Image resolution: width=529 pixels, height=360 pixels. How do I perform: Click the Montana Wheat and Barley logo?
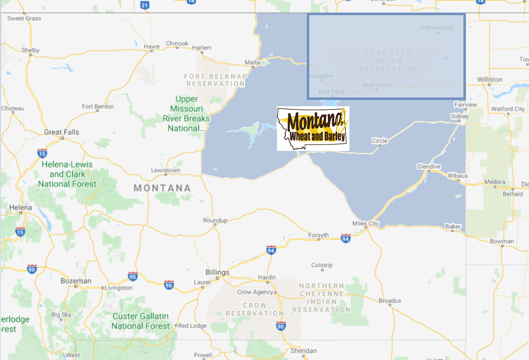tap(313, 128)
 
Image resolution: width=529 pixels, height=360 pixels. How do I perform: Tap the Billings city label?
tap(217, 272)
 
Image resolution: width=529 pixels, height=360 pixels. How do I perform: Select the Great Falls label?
tap(61, 132)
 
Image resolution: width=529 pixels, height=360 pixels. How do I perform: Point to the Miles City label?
tap(366, 223)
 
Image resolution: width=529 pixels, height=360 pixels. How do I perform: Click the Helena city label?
tap(20, 207)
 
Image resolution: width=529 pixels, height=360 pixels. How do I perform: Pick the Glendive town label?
tap(428, 166)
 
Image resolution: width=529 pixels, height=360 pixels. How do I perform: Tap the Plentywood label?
tap(437, 27)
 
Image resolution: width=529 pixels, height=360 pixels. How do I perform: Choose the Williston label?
tap(489, 79)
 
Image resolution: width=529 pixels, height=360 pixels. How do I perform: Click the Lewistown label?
tap(165, 170)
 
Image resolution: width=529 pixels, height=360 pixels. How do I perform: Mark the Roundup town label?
tap(215, 220)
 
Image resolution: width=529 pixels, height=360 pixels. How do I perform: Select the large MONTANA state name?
tap(162, 188)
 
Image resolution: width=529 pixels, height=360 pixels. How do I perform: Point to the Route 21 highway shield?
tap(144, 5)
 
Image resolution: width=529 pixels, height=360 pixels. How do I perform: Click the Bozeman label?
tap(75, 281)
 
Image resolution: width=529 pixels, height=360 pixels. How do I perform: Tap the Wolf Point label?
tap(377, 85)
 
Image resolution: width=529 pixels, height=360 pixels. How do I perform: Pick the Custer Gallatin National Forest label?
tap(140, 321)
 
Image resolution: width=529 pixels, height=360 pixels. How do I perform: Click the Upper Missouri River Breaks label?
tap(186, 114)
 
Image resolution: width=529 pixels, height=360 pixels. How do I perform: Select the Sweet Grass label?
tap(24, 19)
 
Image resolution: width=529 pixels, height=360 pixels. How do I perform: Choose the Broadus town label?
tap(390, 300)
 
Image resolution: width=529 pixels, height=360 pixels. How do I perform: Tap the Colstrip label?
tap(322, 265)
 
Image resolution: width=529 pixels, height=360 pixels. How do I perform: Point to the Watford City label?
tap(509, 109)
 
